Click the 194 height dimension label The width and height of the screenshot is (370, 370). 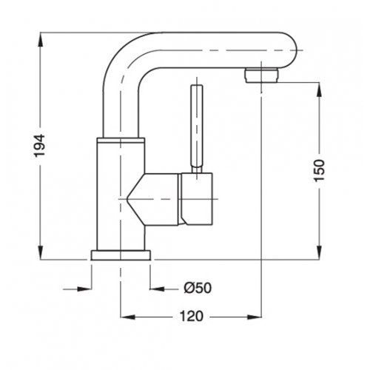40,145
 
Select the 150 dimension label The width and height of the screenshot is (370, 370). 319,170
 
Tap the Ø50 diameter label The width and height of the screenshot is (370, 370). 198,288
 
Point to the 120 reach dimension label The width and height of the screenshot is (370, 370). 192,316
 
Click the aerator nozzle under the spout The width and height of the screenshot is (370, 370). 262,75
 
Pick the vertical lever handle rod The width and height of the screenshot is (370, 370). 197,129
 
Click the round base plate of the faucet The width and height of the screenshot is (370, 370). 121,255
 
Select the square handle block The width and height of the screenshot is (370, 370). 197,199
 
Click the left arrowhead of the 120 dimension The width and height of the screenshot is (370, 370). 128,317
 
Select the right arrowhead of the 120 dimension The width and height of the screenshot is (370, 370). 254,317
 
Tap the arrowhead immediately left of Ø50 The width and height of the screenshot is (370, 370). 158,289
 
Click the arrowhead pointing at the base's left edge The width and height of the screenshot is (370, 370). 84,289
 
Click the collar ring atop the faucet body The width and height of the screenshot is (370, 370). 121,140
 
